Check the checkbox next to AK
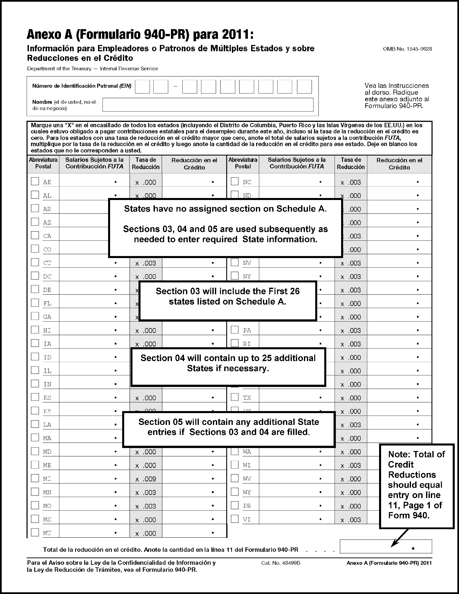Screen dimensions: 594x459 tap(35, 181)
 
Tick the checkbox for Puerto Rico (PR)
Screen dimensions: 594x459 tap(235, 505)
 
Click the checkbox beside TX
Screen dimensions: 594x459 tap(235, 397)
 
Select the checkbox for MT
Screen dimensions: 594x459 tap(35, 532)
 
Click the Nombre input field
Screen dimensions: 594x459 tap(208, 105)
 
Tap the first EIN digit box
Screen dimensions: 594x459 tap(142, 87)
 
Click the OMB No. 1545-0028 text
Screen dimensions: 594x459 tap(407, 49)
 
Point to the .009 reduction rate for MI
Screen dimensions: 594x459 tap(149, 479)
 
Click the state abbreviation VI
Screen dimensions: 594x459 tap(247, 519)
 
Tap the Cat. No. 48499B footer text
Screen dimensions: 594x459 tap(281, 563)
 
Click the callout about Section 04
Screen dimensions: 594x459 tap(228, 367)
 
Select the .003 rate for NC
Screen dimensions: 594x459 tap(354, 182)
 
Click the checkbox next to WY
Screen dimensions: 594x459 tap(235, 491)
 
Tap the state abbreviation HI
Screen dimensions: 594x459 tap(47, 330)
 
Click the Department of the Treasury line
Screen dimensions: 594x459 tap(92, 69)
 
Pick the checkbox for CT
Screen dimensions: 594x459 tap(35, 262)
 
